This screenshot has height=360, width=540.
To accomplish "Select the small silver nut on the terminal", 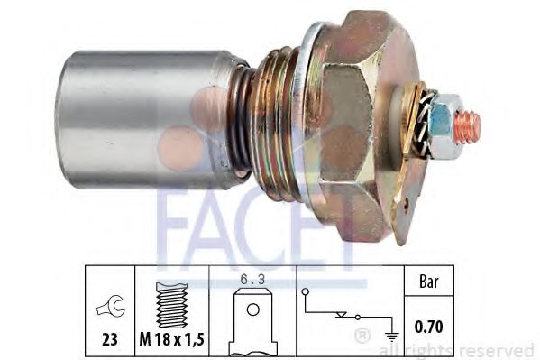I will point(442,122).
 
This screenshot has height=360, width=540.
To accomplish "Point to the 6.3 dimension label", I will point(252,281).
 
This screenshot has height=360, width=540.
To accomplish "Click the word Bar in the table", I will point(429,282).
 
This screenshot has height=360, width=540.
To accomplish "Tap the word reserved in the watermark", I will point(500,350).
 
